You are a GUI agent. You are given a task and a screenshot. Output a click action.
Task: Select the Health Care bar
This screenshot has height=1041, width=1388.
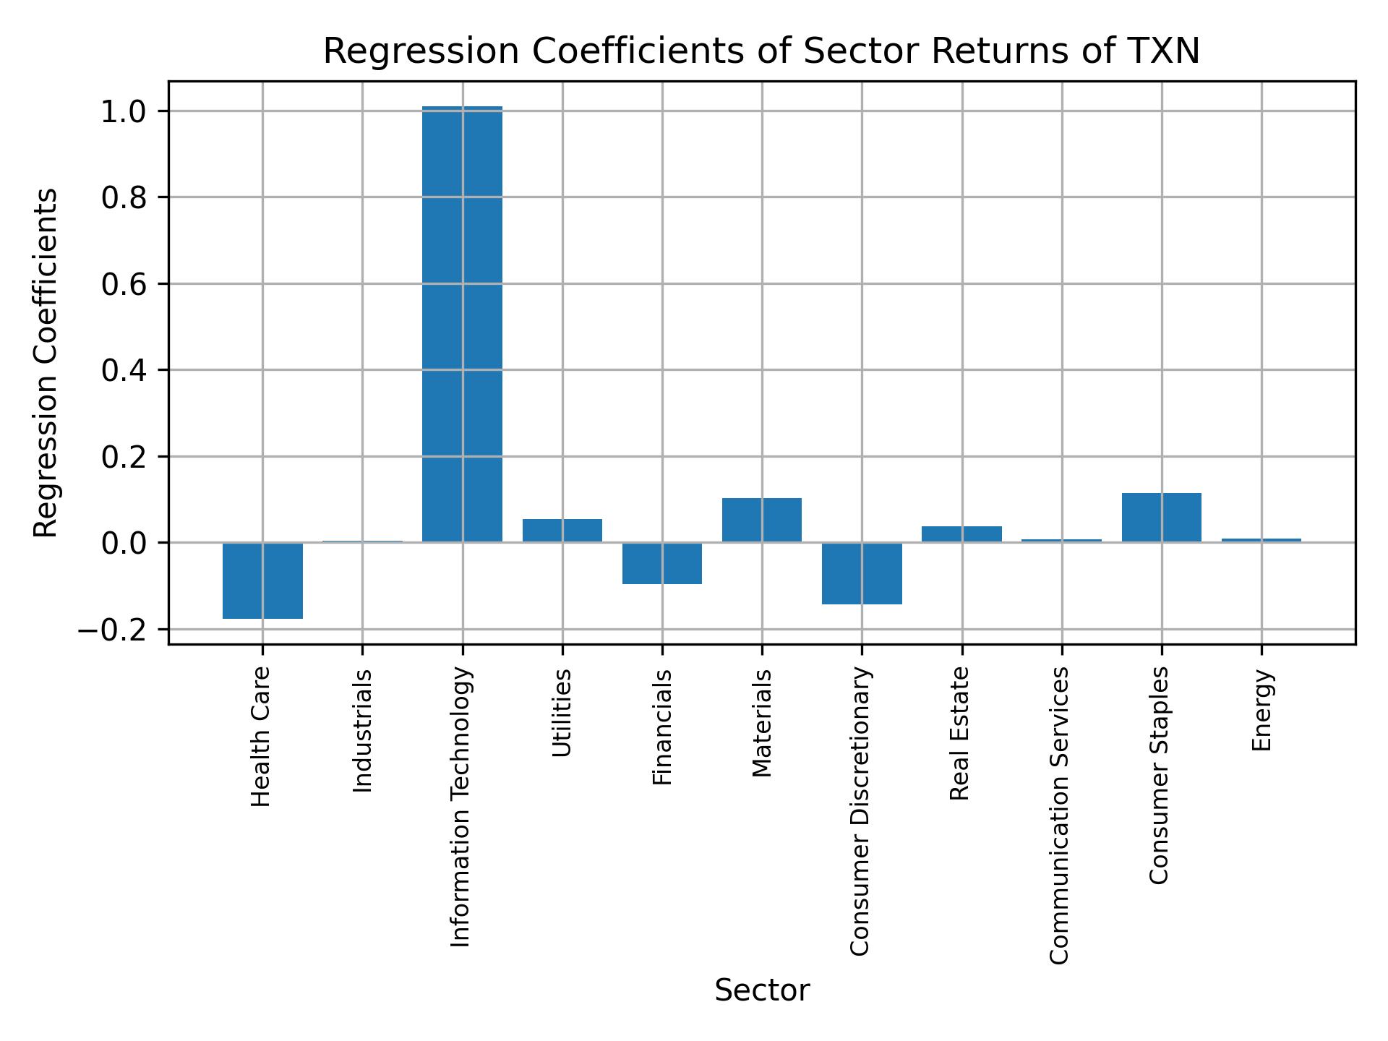click(262, 581)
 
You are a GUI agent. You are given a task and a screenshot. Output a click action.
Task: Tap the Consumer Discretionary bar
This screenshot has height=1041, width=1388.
click(862, 573)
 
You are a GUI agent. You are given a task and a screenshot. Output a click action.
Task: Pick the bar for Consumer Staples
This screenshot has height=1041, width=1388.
click(1161, 518)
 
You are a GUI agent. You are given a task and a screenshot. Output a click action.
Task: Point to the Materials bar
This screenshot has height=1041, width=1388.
click(761, 520)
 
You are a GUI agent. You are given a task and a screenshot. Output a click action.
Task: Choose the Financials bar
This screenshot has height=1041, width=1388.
click(662, 563)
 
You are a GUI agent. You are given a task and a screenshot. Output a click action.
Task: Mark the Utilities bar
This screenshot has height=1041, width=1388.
click(562, 531)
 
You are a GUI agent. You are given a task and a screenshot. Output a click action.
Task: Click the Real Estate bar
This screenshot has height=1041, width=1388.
click(961, 534)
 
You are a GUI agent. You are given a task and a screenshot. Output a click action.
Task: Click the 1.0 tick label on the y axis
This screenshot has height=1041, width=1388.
click(125, 111)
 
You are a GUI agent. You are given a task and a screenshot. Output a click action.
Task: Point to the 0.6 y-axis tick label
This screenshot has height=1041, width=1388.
click(125, 284)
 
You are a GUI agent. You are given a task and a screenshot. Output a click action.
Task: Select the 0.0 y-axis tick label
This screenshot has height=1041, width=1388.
click(125, 543)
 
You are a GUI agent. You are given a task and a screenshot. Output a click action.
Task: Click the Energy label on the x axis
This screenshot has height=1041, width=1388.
click(1261, 711)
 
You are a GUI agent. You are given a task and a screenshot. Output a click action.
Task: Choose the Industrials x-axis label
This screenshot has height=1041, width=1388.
click(363, 731)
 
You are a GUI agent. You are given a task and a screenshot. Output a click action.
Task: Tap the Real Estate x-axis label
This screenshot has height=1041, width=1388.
click(959, 734)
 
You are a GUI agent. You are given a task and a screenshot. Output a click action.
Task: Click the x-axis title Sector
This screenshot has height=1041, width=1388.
click(762, 991)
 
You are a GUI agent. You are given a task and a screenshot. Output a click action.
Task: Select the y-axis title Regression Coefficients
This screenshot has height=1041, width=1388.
click(47, 363)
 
